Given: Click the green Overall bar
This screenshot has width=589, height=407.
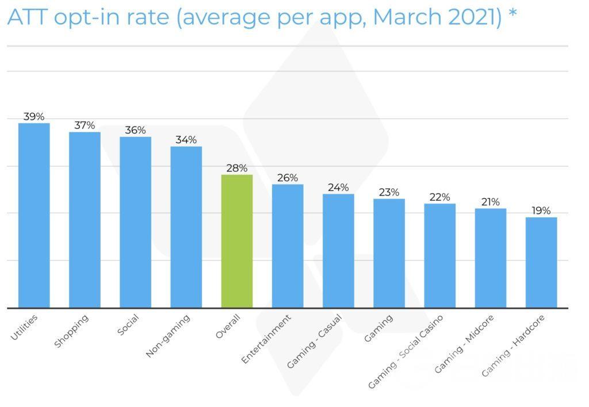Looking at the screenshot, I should point(237,241).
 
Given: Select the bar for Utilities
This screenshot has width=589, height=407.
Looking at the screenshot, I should point(34,215).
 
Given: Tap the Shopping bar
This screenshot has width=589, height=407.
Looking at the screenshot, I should point(85,220).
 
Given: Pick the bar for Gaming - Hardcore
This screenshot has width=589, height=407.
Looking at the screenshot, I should point(541,262).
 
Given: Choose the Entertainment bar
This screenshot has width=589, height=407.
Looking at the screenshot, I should point(288,245).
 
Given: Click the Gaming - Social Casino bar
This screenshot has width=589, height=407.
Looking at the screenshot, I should point(440,255).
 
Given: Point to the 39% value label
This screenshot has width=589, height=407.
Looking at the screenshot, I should point(34,117).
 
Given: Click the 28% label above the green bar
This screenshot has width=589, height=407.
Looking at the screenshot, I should point(237,168).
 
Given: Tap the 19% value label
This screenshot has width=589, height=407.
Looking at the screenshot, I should point(541,210).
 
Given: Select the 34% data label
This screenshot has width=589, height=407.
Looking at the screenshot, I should point(186,140).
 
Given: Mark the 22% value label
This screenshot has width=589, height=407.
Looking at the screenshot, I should point(440,197).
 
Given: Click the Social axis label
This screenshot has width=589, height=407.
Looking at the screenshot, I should point(128,325).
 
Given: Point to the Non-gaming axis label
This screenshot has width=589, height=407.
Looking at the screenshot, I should point(168,336).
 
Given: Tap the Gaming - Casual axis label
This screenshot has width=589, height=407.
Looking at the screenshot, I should point(315,341).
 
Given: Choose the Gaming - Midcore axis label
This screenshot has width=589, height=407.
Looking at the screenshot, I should point(464,343).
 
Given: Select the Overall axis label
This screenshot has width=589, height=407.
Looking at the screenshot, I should point(227,326).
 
